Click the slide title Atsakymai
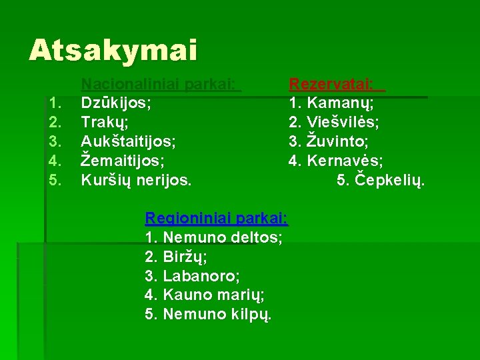pos(113,50)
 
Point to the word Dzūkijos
pos(115,104)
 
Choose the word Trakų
pos(103,123)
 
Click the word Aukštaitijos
pos(128,141)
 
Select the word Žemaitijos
pos(122,161)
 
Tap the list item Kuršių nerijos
pos(135,180)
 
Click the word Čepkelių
pos(389,180)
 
